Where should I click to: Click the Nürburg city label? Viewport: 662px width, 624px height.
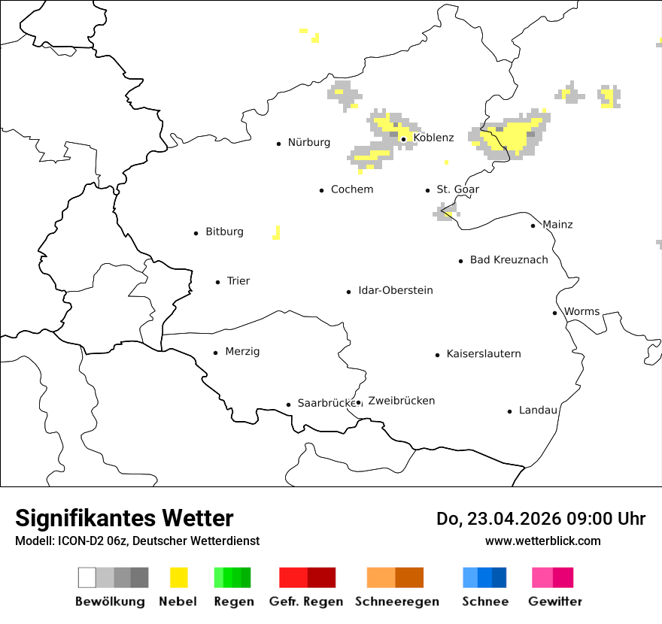coord(309,142)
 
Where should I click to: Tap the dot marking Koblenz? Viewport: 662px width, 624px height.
coord(403,139)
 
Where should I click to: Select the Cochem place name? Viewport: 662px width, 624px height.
coord(352,189)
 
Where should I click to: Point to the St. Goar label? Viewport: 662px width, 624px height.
coord(458,189)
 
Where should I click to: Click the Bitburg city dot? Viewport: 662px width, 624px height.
coord(196,233)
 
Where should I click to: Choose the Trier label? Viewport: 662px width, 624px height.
coord(238,281)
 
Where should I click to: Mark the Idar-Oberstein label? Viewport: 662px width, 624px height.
coord(396,290)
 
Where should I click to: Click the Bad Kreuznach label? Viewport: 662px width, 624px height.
coord(509,260)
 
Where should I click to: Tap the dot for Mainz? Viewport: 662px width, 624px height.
coord(533,226)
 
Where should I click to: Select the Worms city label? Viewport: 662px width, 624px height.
coord(582,311)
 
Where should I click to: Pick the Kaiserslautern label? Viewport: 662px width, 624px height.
coord(484,353)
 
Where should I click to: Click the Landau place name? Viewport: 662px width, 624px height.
coord(539,410)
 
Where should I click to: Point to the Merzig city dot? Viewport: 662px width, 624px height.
coord(216,353)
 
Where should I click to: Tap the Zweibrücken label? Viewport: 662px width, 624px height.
coord(402,401)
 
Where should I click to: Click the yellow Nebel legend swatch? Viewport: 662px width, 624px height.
coord(179,577)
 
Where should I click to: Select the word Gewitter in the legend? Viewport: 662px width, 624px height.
coord(555,601)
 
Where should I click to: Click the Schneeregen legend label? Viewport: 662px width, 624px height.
coord(397,601)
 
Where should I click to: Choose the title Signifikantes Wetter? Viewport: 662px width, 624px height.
coord(124,519)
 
